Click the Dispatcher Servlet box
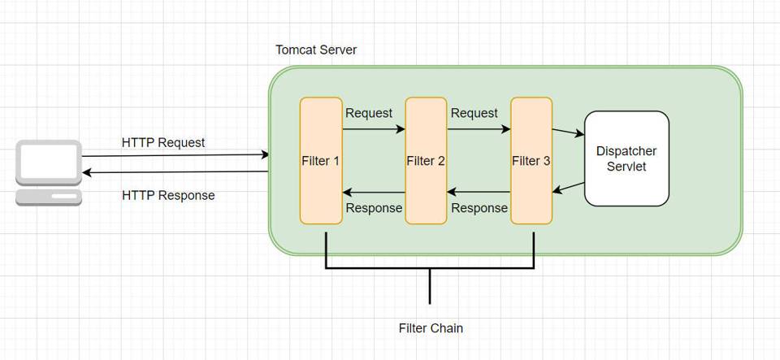[626, 158]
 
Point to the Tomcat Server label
[316, 50]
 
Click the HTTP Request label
[163, 142]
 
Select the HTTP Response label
[168, 195]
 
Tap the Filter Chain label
[431, 328]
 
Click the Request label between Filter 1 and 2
[369, 113]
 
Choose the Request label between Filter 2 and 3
[474, 113]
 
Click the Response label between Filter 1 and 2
[374, 208]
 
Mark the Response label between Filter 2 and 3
[479, 208]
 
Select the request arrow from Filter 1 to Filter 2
[374, 128]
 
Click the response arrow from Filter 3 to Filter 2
[479, 193]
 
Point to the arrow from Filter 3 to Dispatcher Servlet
[568, 132]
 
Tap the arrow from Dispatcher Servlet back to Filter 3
[569, 188]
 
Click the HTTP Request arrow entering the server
[175, 154]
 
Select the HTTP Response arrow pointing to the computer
[175, 172]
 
